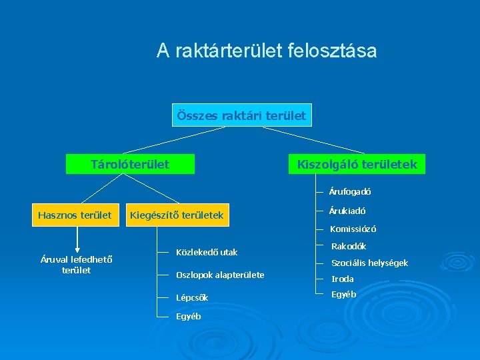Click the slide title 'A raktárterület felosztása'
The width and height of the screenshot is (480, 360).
pyautogui.click(x=267, y=51)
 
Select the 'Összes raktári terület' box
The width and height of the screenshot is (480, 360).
pyautogui.click(x=241, y=115)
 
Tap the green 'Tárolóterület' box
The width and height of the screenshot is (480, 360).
pyautogui.click(x=130, y=164)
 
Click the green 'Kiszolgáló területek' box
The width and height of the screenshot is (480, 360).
pyautogui.click(x=357, y=164)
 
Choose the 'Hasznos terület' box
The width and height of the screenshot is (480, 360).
pyautogui.click(x=75, y=215)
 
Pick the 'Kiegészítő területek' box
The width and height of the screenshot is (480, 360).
pyautogui.click(x=177, y=215)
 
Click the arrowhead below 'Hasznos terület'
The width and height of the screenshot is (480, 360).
pyautogui.click(x=77, y=250)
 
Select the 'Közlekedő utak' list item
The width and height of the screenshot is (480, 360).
pyautogui.click(x=206, y=253)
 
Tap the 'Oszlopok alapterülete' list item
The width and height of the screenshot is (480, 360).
pyautogui.click(x=219, y=275)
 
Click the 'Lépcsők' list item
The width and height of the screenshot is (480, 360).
pyautogui.click(x=192, y=297)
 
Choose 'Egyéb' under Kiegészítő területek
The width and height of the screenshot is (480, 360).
pyautogui.click(x=188, y=317)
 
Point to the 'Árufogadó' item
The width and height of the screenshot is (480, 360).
pyautogui.click(x=350, y=191)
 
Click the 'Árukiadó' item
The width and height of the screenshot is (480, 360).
pyautogui.click(x=347, y=211)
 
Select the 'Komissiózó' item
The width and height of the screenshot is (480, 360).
pyautogui.click(x=353, y=229)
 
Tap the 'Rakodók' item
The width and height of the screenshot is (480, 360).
pyautogui.click(x=349, y=246)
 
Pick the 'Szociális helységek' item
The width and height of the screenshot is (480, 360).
pyautogui.click(x=369, y=263)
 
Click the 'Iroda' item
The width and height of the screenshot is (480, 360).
pyautogui.click(x=343, y=279)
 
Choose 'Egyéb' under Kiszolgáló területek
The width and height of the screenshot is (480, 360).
pyautogui.click(x=343, y=294)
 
